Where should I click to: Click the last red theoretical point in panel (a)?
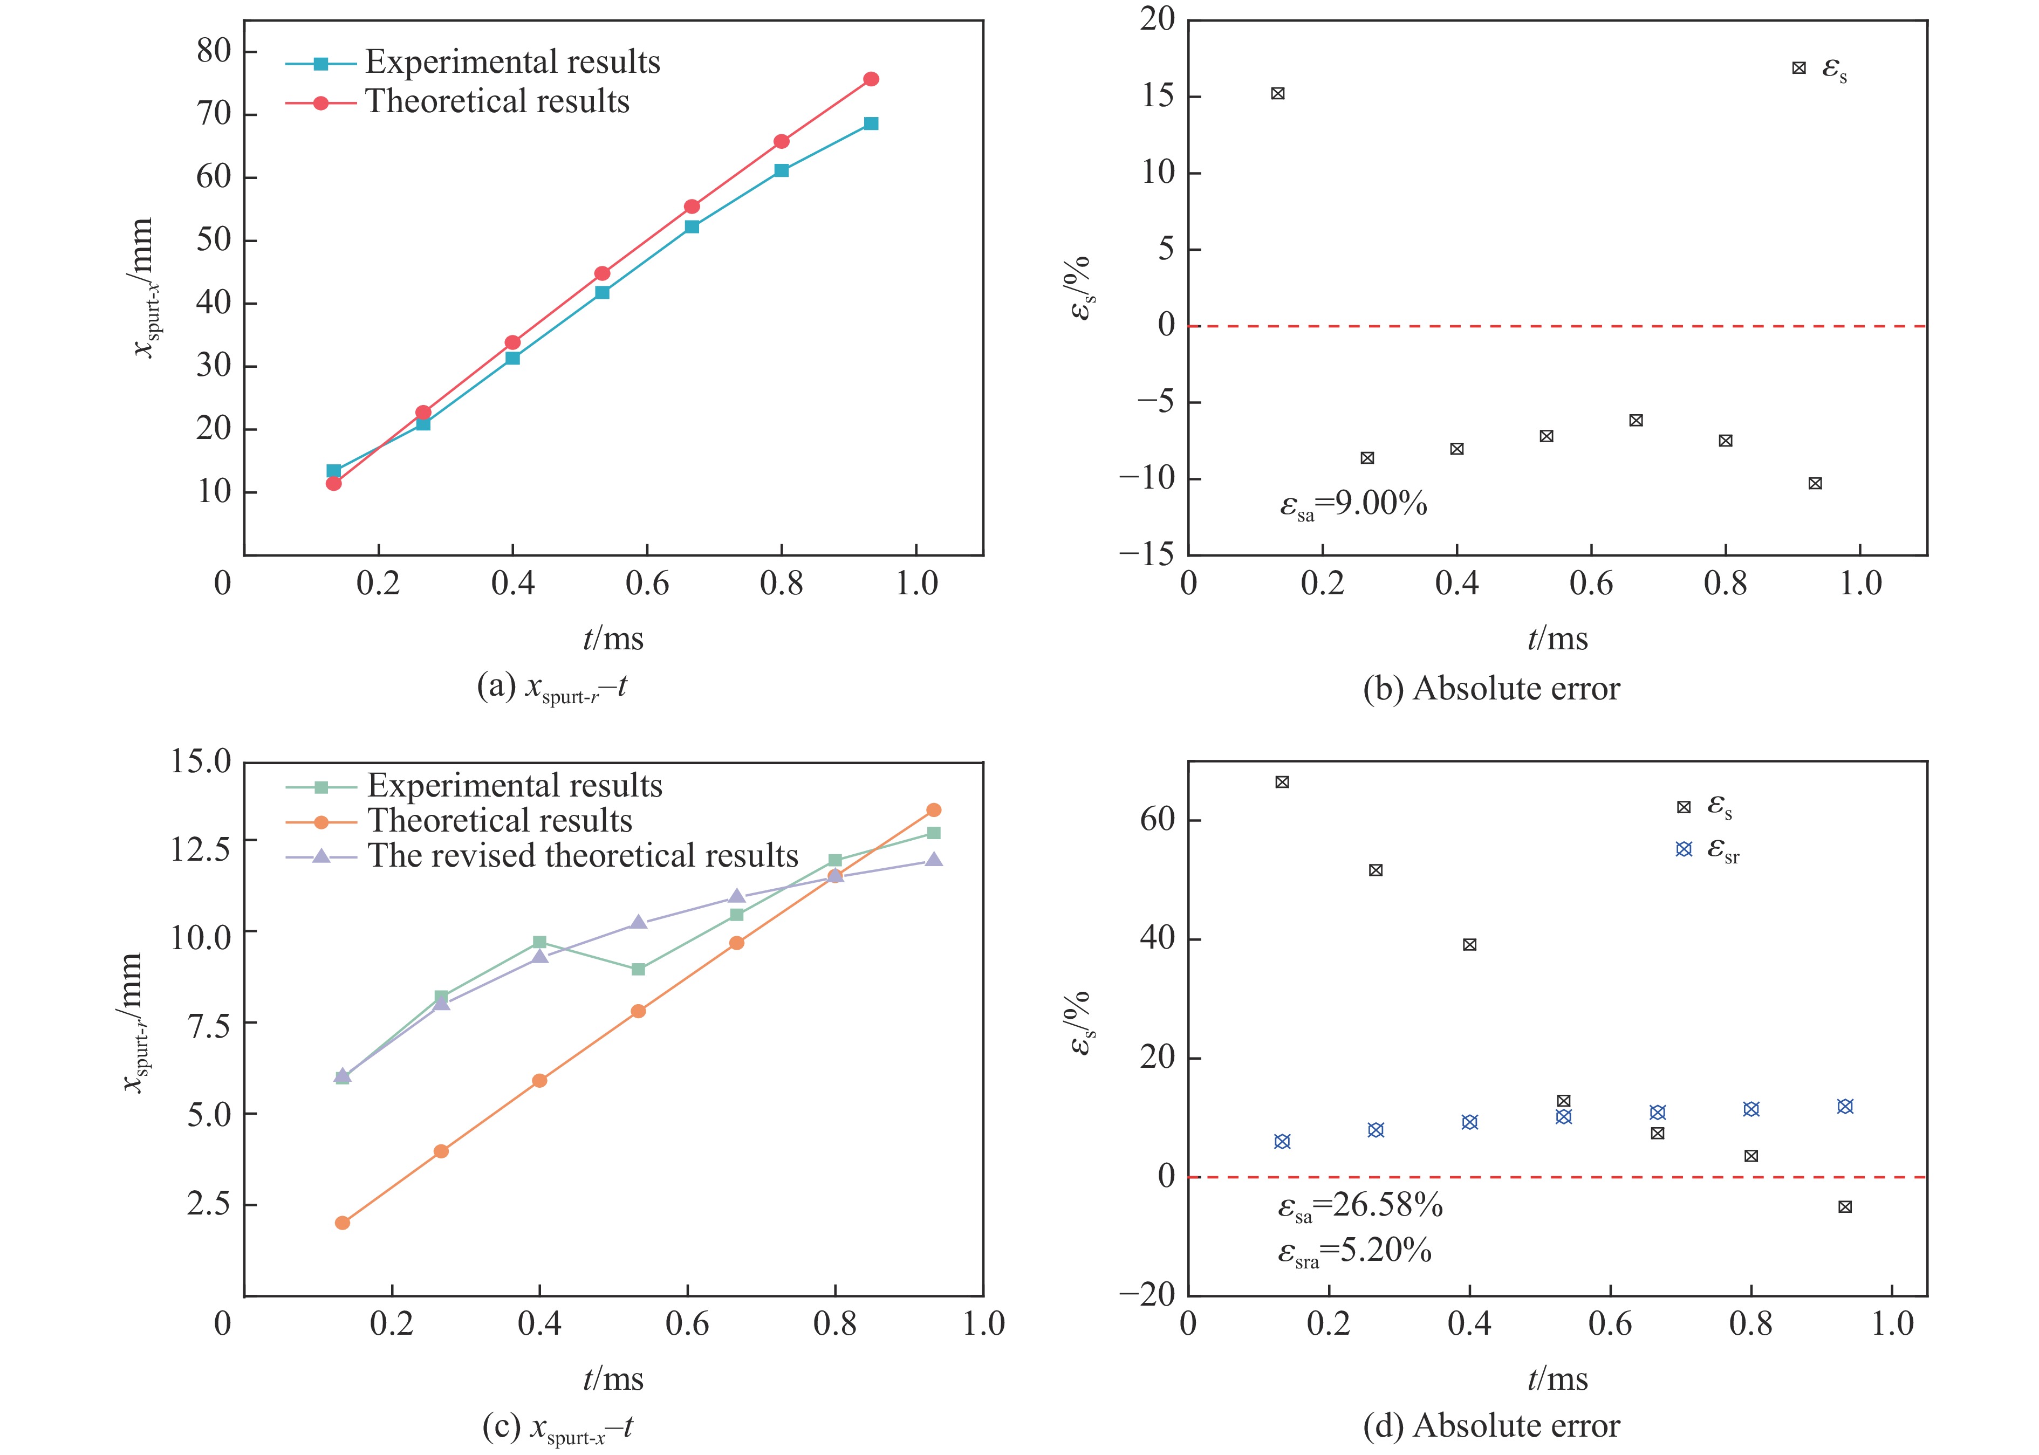(870, 79)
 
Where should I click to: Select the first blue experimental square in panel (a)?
(333, 471)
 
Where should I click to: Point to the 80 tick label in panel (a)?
(214, 51)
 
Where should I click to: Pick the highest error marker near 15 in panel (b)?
(1278, 93)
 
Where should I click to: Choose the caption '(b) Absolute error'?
(1491, 688)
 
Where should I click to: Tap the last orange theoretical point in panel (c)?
(933, 810)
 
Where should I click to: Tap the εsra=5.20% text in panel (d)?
(1354, 1251)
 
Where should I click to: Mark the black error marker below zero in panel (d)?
(1844, 1207)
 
